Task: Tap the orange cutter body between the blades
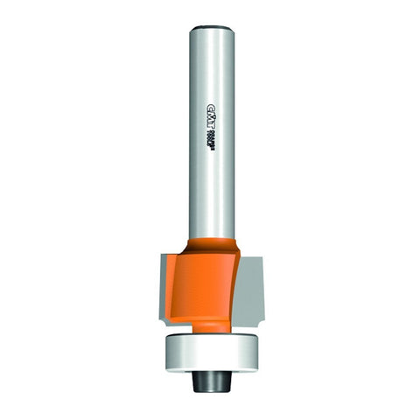pos(208,280)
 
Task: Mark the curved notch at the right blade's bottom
pos(254,316)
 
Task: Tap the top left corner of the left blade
pos(148,255)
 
